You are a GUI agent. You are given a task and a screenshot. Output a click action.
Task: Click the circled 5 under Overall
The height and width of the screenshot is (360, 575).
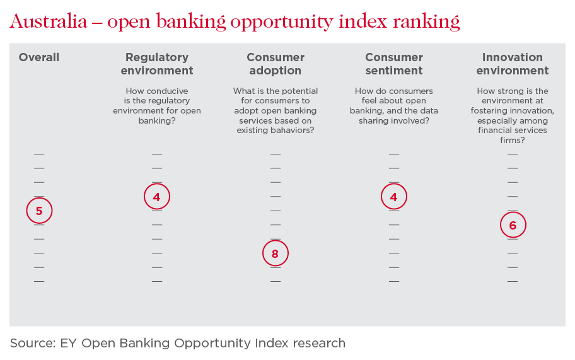(x=39, y=211)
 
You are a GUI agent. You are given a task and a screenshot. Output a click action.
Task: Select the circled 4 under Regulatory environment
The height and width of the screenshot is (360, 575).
(x=157, y=197)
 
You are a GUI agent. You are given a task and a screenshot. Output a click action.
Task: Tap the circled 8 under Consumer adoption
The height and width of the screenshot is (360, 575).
(x=276, y=253)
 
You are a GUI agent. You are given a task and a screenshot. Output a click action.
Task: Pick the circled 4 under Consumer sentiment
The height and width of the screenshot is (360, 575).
(x=394, y=197)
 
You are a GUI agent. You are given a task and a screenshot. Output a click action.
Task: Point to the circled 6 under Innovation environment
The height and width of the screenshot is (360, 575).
(x=513, y=225)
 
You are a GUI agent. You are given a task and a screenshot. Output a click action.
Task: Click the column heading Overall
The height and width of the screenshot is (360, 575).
(x=39, y=57)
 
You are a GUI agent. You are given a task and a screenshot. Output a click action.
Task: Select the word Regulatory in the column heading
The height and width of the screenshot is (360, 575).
(x=157, y=57)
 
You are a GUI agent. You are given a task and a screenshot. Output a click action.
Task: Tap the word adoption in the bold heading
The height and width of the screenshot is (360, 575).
(x=276, y=71)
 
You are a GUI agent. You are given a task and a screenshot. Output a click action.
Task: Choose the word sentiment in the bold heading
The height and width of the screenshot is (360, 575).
(x=394, y=71)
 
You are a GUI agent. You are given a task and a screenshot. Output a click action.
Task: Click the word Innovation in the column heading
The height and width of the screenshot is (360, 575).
(x=513, y=57)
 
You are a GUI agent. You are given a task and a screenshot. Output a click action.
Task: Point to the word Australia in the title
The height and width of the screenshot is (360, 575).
(x=49, y=21)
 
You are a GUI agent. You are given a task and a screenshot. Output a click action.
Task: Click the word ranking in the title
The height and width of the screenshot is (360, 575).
(x=426, y=22)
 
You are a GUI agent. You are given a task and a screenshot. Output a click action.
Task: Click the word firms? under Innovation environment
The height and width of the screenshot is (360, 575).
(x=513, y=140)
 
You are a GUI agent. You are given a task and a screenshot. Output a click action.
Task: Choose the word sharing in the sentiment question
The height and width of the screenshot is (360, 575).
(x=373, y=121)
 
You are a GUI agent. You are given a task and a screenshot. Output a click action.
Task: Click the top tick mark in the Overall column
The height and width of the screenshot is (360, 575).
(x=39, y=154)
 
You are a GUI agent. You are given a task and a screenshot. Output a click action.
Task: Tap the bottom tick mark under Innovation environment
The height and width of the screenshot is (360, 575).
(x=513, y=281)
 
